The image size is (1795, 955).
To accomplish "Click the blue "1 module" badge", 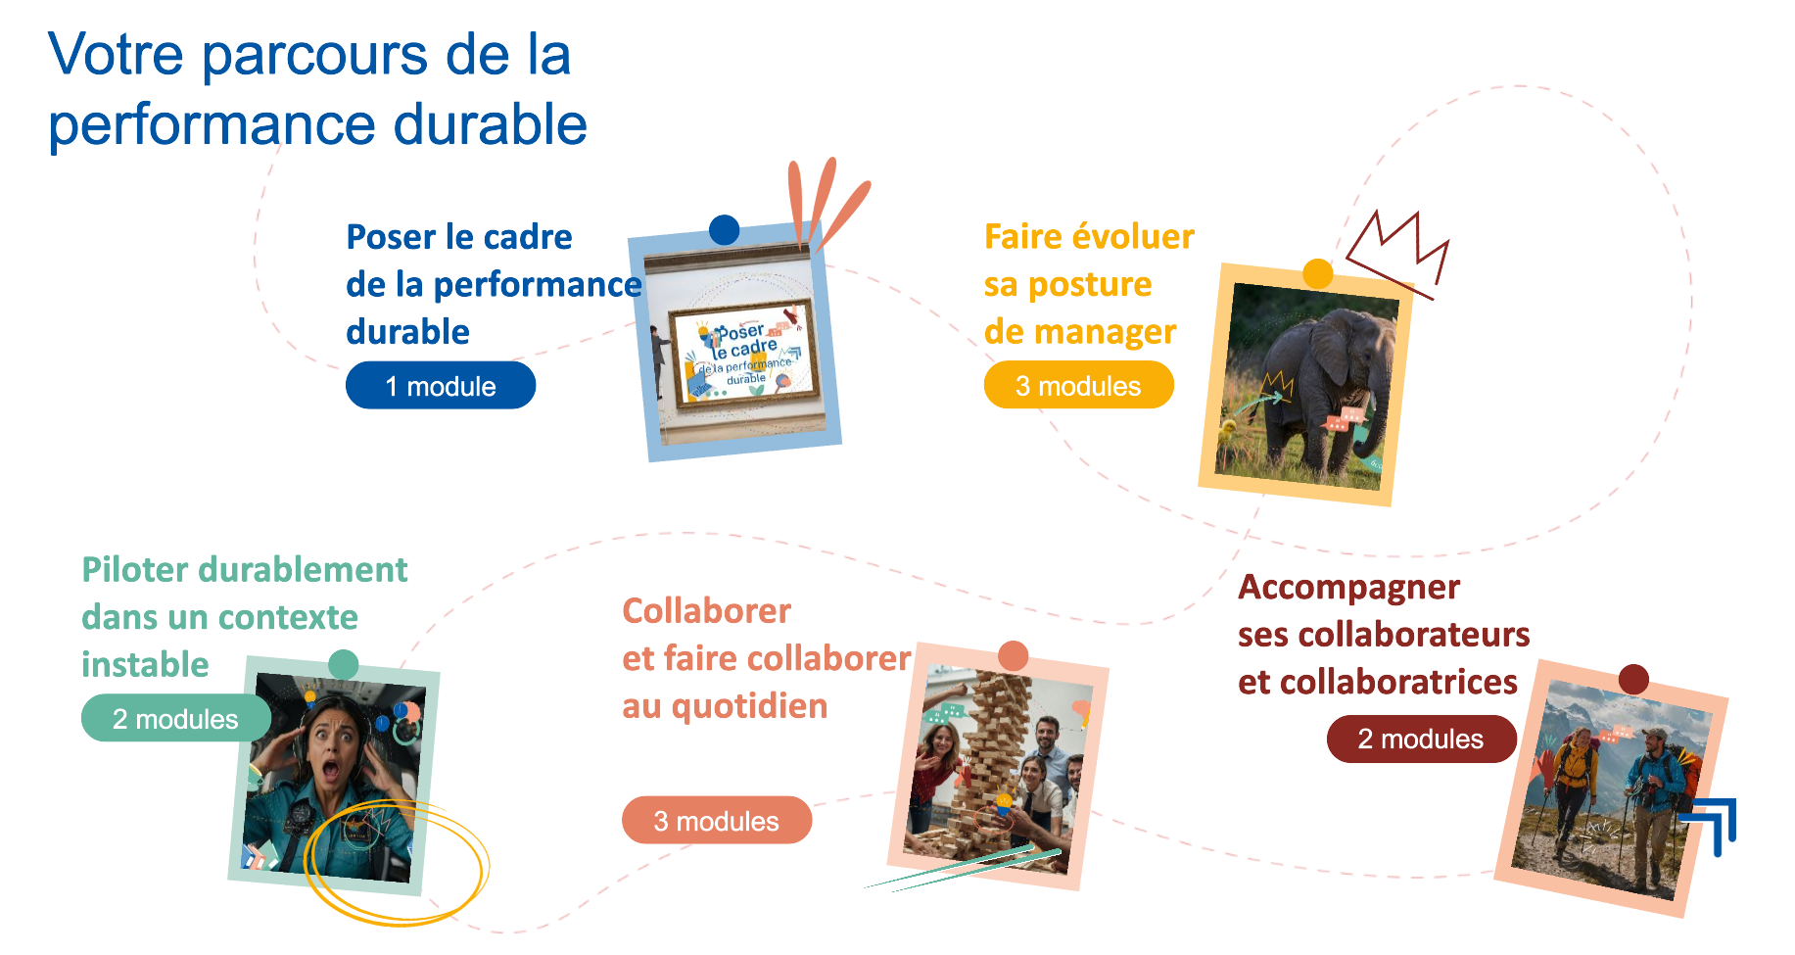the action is [441, 385].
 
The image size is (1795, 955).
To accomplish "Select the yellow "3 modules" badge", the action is [1078, 385].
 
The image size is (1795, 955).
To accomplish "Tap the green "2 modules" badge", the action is [176, 718].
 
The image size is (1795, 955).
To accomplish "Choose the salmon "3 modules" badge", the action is [717, 820].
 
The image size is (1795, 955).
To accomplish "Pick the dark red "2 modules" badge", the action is [1421, 739].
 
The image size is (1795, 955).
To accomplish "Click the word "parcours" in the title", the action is [313, 56].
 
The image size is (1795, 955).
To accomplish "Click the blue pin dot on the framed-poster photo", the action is [724, 230].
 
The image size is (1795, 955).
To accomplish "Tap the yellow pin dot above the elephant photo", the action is [1318, 273].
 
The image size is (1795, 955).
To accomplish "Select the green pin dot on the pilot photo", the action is [343, 665].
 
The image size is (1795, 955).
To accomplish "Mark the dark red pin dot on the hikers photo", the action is [1633, 679].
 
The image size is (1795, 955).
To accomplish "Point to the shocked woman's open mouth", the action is [332, 769].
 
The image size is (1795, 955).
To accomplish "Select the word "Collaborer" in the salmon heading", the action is [706, 611].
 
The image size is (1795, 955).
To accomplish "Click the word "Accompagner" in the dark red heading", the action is [1348, 588].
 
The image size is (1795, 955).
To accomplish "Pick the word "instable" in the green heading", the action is [145, 664].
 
